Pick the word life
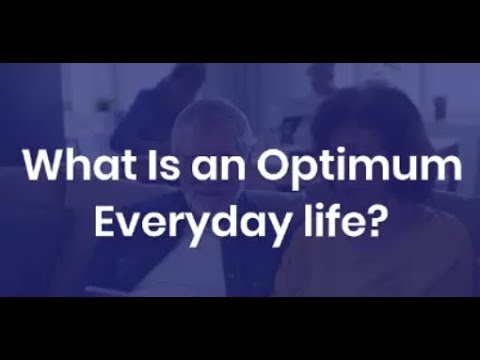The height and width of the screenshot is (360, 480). click(x=323, y=219)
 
